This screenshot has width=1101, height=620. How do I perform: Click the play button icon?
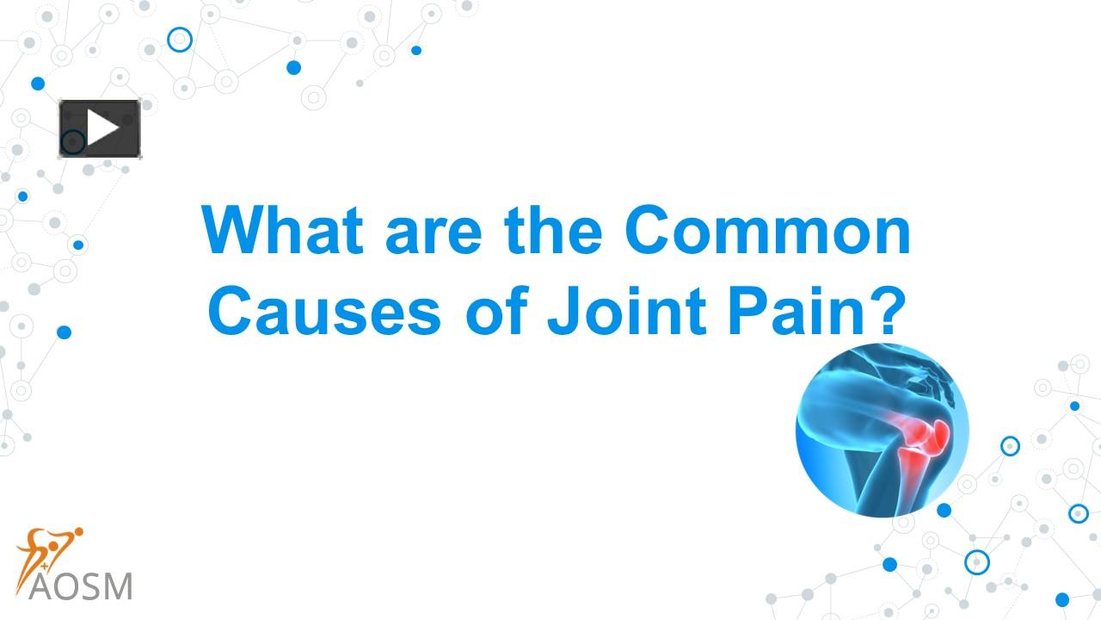(100, 129)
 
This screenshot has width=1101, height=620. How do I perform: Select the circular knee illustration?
(883, 430)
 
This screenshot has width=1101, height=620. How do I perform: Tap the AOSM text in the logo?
(81, 586)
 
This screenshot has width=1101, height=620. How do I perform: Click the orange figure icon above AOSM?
(49, 549)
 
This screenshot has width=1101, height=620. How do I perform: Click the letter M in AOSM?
(117, 586)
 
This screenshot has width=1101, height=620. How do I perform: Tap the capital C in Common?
(650, 232)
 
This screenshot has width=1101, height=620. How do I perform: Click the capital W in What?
(233, 232)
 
